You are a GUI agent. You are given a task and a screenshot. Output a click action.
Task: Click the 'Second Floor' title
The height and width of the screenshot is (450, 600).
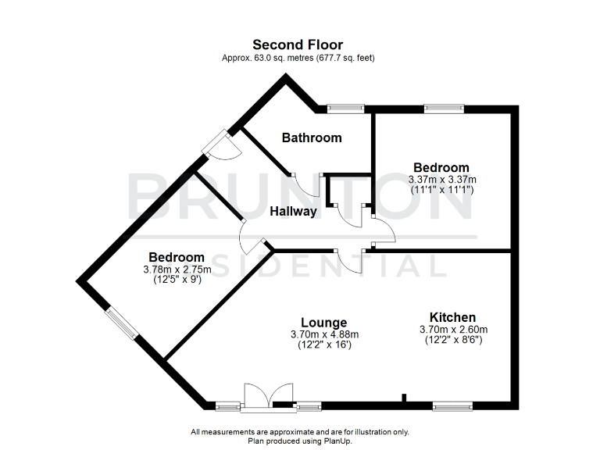click(x=297, y=45)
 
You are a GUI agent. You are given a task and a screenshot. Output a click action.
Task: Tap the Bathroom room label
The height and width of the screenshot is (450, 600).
click(x=312, y=137)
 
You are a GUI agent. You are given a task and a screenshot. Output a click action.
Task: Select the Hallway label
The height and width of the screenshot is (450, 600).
click(x=294, y=211)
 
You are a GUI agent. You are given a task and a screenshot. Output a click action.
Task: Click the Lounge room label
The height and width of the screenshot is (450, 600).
click(x=324, y=322)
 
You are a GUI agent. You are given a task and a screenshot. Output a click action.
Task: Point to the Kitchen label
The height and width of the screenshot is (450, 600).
click(x=452, y=317)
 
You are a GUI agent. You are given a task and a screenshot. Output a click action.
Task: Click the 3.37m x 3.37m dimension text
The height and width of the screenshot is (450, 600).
click(x=441, y=179)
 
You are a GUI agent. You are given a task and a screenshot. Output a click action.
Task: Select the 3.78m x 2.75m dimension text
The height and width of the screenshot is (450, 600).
click(x=177, y=269)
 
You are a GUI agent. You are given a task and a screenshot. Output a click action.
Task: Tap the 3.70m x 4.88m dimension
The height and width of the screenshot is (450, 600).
click(x=324, y=334)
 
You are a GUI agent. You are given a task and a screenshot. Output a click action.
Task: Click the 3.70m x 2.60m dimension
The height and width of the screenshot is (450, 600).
click(x=452, y=329)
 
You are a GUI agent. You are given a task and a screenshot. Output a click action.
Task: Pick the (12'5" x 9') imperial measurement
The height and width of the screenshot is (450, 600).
click(x=177, y=279)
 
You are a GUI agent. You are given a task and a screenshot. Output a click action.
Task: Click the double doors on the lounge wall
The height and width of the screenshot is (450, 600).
click(x=257, y=397)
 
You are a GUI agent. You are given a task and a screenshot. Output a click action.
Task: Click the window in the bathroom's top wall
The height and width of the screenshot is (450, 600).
click(x=345, y=109)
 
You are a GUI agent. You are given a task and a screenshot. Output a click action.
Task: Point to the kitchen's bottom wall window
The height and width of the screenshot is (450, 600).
click(x=452, y=405)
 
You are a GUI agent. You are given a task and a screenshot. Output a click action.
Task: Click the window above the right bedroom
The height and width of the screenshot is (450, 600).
click(x=444, y=109)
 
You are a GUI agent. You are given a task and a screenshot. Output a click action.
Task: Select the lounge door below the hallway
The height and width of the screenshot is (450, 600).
click(x=352, y=259)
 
